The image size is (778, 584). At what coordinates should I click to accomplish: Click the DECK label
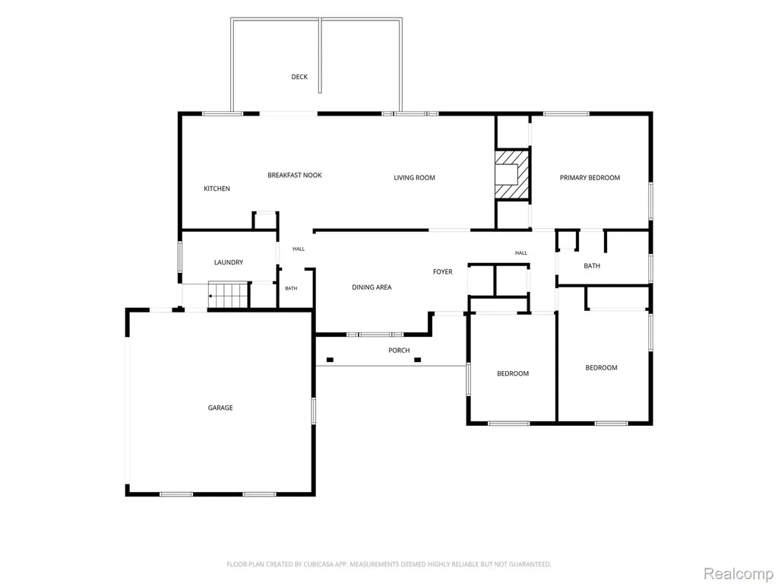pyautogui.click(x=299, y=77)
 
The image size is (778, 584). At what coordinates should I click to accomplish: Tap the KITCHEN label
pyautogui.click(x=217, y=189)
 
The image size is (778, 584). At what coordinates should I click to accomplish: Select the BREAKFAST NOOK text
pyautogui.click(x=295, y=176)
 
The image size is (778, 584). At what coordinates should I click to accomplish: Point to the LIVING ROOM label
pyautogui.click(x=414, y=178)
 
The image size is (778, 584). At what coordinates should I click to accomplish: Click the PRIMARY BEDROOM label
pyautogui.click(x=590, y=178)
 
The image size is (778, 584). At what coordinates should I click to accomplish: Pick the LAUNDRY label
pyautogui.click(x=229, y=262)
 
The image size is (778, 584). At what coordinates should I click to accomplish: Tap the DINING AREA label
pyautogui.click(x=372, y=287)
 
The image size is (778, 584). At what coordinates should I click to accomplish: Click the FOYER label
pyautogui.click(x=443, y=271)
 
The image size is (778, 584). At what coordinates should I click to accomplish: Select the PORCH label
pyautogui.click(x=399, y=351)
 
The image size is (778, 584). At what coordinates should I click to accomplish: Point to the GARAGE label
pyautogui.click(x=220, y=408)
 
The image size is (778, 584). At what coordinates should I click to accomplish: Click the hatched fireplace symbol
pyautogui.click(x=512, y=174)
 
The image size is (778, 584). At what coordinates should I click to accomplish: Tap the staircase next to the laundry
pyautogui.click(x=228, y=295)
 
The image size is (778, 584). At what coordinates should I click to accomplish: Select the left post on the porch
pyautogui.click(x=330, y=360)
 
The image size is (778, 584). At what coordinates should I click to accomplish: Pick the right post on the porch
pyautogui.click(x=417, y=360)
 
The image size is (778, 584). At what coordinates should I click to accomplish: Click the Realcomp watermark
pyautogui.click(x=738, y=573)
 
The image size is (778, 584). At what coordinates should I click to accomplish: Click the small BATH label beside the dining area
pyautogui.click(x=291, y=288)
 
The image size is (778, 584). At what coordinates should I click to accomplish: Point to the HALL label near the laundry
pyautogui.click(x=299, y=249)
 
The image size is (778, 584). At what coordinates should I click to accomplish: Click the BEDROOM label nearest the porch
pyautogui.click(x=513, y=373)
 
